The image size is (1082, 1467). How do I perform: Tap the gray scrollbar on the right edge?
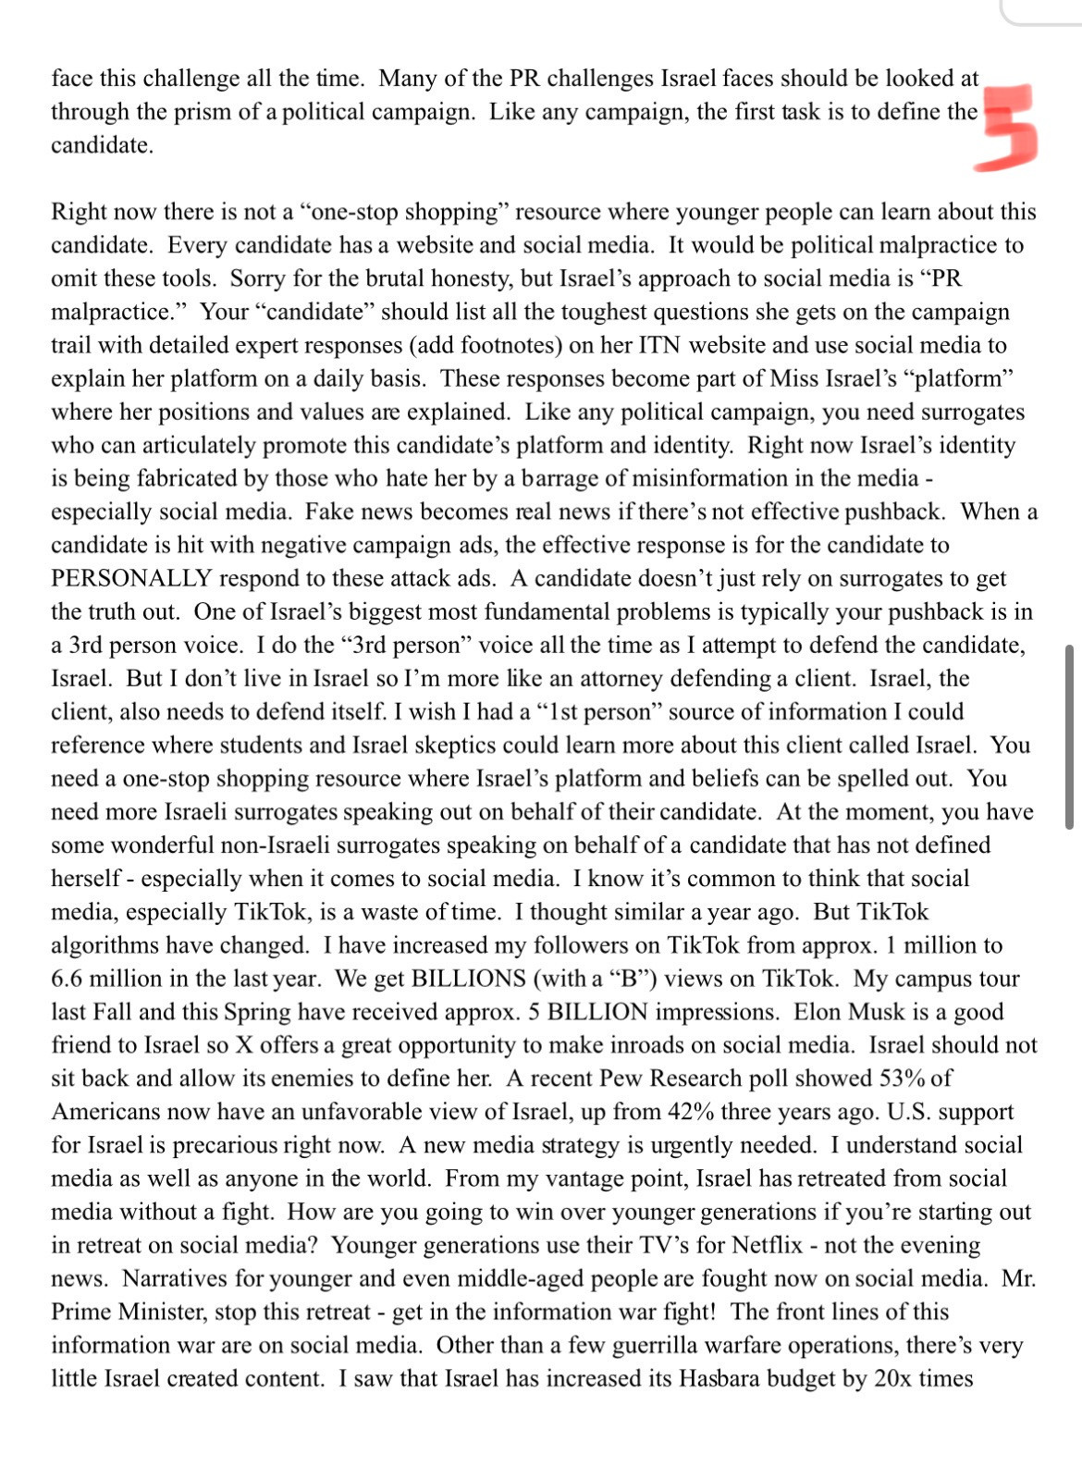point(1069,736)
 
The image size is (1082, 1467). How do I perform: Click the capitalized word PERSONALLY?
point(131,578)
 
